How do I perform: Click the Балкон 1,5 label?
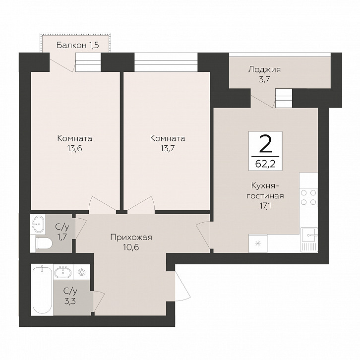tap(77, 45)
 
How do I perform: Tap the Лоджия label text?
tap(264, 69)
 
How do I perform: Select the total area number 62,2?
tap(265, 164)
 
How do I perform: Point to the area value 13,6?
tap(74, 149)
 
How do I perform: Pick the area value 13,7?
tap(168, 149)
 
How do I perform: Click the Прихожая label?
tap(131, 238)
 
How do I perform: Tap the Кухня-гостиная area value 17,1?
tap(265, 206)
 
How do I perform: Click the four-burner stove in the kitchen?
tap(308, 197)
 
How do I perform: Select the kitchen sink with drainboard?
tap(309, 240)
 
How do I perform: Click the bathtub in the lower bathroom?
tap(42, 290)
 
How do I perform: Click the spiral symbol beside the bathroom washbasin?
tap(82, 272)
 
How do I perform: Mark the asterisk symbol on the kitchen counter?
tap(258, 243)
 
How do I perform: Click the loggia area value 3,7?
tap(264, 80)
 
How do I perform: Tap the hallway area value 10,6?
tap(131, 247)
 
